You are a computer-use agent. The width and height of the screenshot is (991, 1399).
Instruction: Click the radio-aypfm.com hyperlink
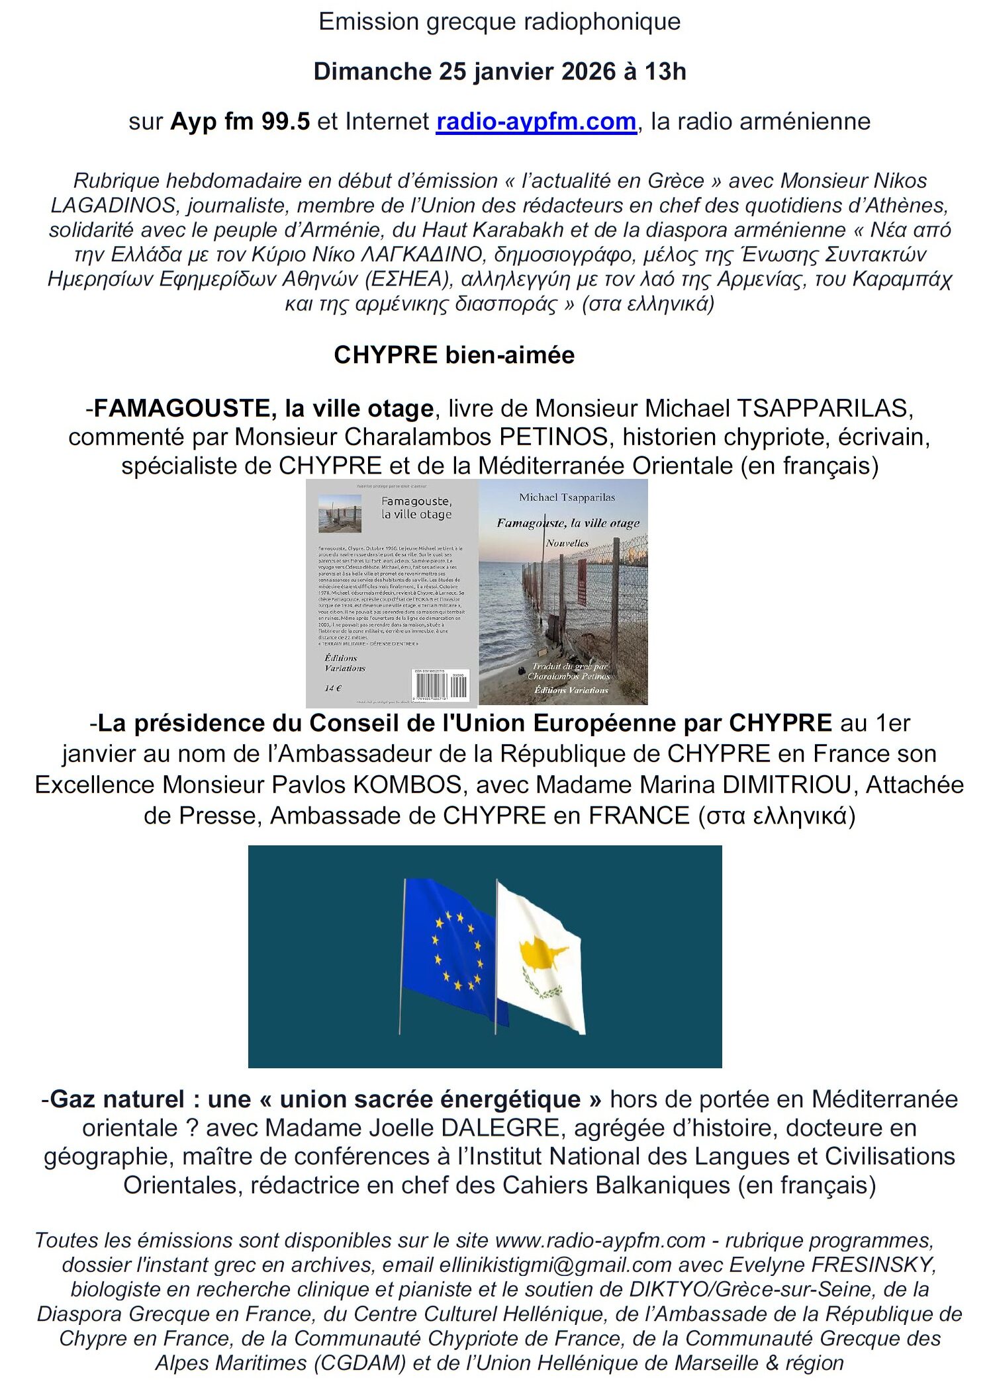pyautogui.click(x=536, y=122)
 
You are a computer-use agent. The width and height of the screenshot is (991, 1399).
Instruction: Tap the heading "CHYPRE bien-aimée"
pyautogui.click(x=453, y=355)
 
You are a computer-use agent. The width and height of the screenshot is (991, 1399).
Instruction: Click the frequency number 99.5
pyautogui.click(x=285, y=122)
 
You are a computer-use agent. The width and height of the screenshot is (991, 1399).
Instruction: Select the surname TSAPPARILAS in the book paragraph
pyautogui.click(x=824, y=408)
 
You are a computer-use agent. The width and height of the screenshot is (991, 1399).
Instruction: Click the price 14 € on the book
pyautogui.click(x=333, y=688)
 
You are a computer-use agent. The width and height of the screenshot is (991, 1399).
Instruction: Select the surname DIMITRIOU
pyautogui.click(x=786, y=784)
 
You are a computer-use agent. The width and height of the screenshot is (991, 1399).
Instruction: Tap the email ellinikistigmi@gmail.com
pyautogui.click(x=555, y=1265)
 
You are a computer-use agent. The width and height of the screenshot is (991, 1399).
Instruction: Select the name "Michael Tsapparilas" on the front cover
pyautogui.click(x=567, y=497)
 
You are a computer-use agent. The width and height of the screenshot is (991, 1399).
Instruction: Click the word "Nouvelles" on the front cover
pyautogui.click(x=567, y=543)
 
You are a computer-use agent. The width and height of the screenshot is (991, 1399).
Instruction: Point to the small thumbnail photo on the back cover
pyautogui.click(x=340, y=513)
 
